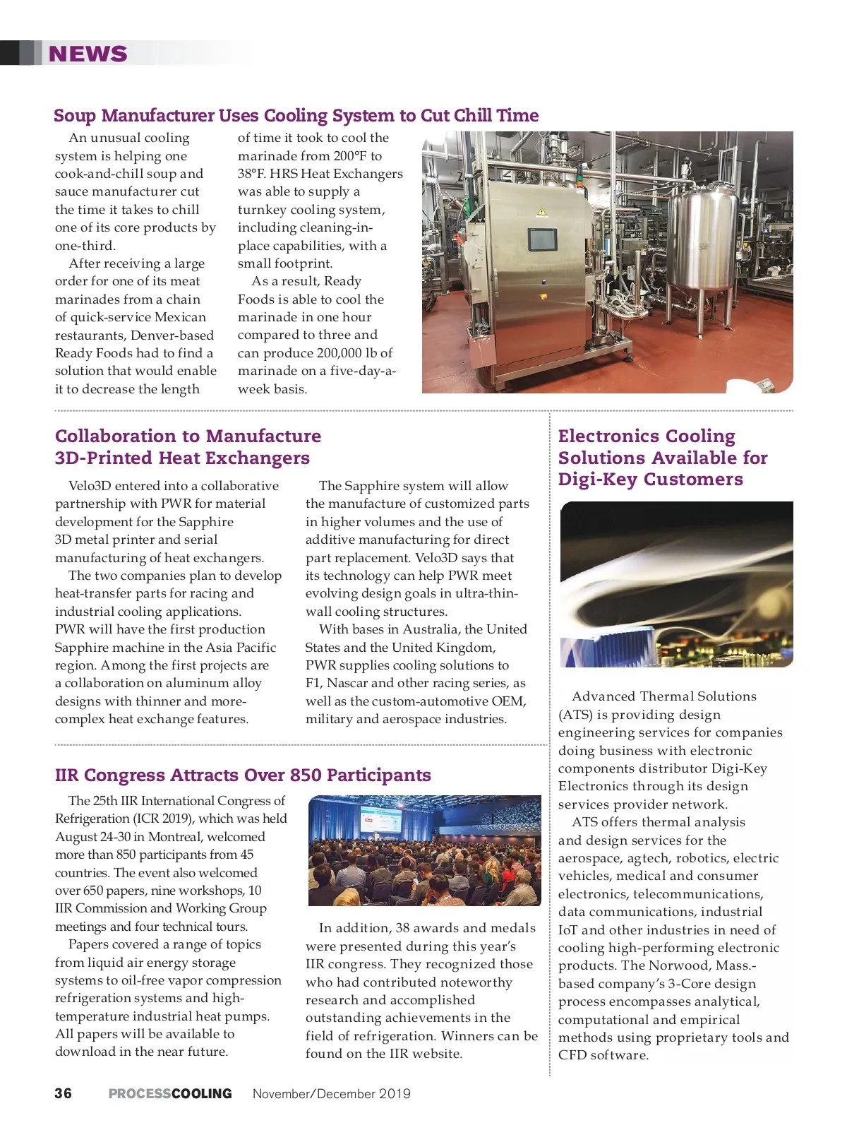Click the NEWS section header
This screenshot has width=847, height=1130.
coord(88,54)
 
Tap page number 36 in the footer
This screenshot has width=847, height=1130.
coord(63,1093)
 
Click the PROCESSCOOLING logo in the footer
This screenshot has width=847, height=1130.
coord(170,1093)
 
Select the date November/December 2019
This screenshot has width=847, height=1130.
coord(331,1093)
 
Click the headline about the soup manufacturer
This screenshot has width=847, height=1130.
coord(296,115)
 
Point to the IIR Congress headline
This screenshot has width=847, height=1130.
coord(243,775)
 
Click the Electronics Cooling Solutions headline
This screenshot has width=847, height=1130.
coord(662,458)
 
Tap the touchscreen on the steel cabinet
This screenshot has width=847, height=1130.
coord(542,239)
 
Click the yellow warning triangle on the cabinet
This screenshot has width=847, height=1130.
coord(541,211)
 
